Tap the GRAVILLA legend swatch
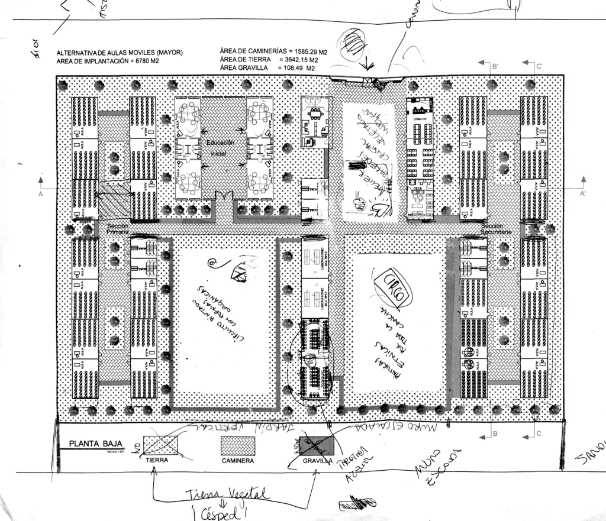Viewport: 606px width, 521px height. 315,445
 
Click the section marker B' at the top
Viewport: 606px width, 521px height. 495,66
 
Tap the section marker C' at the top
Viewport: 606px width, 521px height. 539,66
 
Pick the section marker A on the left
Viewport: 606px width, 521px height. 41,193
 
